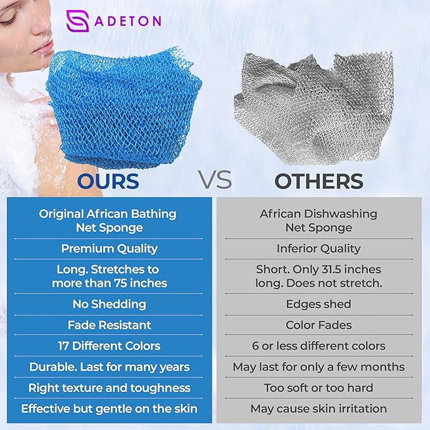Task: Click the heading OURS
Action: (108, 181)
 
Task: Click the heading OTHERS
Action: (319, 181)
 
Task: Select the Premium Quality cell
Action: (109, 249)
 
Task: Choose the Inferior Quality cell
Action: (319, 249)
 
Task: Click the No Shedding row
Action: (109, 304)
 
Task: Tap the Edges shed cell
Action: (319, 304)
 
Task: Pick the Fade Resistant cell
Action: (109, 325)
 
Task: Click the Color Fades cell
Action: (319, 325)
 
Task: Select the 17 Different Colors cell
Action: (109, 346)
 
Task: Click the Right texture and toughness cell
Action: (109, 388)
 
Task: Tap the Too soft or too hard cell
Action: (319, 388)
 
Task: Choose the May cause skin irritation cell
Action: (319, 408)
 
